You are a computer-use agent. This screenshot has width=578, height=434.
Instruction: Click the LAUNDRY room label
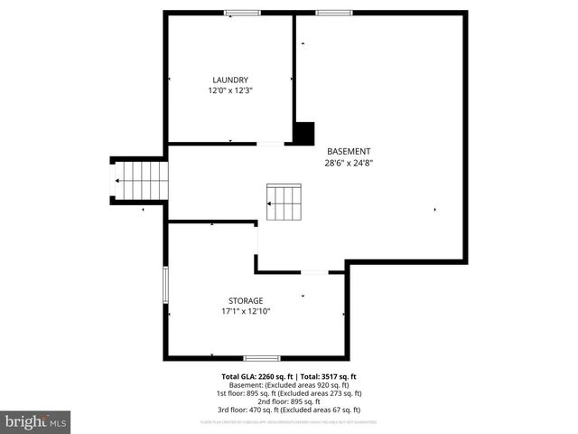coord(230,80)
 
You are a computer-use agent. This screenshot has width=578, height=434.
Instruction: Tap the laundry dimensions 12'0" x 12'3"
coord(230,90)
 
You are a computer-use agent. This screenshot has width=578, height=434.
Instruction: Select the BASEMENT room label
coord(349,151)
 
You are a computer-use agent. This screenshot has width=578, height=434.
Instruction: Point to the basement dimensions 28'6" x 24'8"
coord(349,163)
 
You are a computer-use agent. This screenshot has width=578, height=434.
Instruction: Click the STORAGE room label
coord(246,300)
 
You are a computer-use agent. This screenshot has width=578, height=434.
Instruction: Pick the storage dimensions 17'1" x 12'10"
coord(246,311)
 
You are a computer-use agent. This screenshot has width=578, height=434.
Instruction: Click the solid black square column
coord(303,132)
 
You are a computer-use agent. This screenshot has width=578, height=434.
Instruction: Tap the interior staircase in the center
coord(283,203)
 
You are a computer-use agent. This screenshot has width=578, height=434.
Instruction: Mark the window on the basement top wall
coord(333,13)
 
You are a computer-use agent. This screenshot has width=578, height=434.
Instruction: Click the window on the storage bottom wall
coord(262,358)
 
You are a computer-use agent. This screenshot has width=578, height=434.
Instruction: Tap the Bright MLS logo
coord(35,421)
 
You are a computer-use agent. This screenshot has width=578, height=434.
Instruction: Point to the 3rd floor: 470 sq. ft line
coord(289,410)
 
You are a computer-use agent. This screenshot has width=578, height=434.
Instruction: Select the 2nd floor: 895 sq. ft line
coord(289,402)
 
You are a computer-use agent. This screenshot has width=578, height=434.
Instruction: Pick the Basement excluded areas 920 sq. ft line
coord(289,385)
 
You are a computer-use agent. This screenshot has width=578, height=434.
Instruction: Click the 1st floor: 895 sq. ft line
coord(289,393)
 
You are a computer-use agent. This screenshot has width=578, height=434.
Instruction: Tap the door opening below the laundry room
coord(270,143)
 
